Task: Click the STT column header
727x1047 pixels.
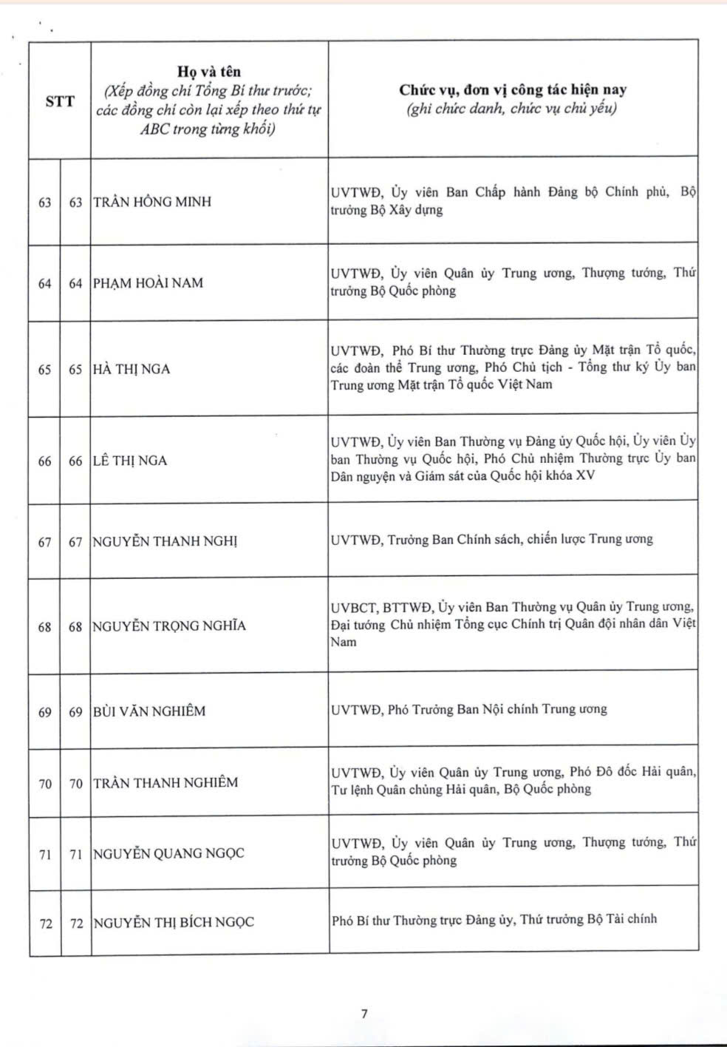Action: [x=60, y=101]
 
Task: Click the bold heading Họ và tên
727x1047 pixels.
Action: [x=209, y=72]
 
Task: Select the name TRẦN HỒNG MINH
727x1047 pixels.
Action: [x=152, y=201]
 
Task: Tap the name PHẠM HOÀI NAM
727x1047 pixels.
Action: [x=148, y=282]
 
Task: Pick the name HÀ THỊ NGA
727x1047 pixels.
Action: [x=132, y=369]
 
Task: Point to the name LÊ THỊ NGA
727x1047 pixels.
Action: [x=130, y=461]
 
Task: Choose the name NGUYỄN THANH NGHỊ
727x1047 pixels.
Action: [x=165, y=541]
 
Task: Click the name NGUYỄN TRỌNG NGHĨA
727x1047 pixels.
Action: [x=169, y=626]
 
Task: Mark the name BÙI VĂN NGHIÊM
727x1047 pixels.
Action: [x=149, y=711]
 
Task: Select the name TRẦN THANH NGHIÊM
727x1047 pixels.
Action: [x=165, y=782]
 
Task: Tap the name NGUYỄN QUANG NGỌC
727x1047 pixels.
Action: [x=168, y=853]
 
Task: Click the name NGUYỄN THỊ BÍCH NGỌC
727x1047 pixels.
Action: [x=174, y=923]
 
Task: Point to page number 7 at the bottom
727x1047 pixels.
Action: [x=363, y=1014]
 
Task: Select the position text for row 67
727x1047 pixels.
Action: [x=491, y=540]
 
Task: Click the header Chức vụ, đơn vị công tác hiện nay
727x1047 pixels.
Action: [x=513, y=90]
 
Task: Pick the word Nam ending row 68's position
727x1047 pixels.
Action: [x=344, y=642]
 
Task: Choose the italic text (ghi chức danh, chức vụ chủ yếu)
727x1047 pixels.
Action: [x=512, y=109]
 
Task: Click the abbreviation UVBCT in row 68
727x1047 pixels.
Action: [x=354, y=608]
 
